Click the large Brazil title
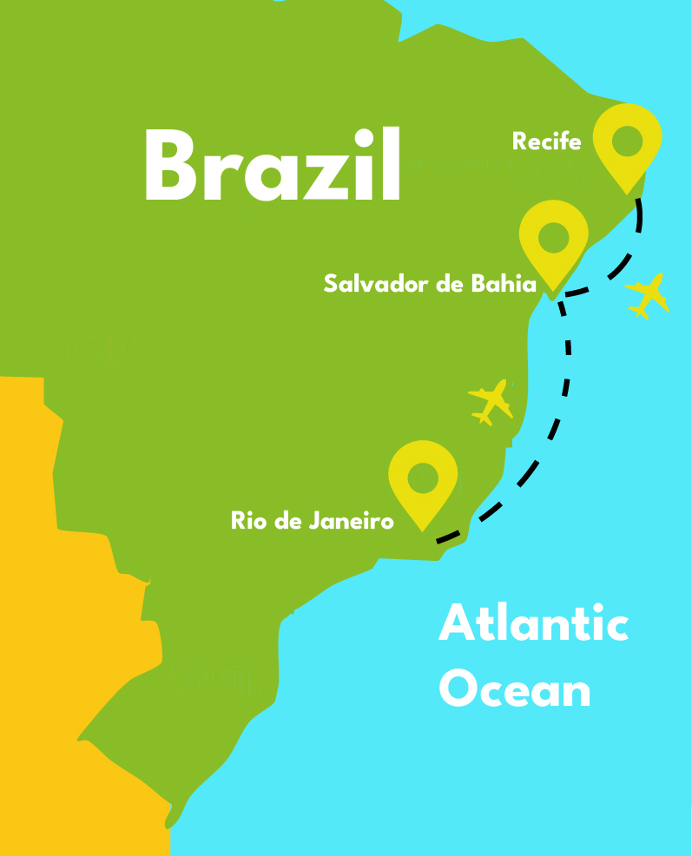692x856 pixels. point(273,165)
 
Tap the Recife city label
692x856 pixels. point(546,142)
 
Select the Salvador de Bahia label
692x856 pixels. point(431,283)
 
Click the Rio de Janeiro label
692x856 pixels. point(313,521)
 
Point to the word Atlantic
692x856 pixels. point(533,624)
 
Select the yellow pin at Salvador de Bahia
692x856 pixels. point(554,240)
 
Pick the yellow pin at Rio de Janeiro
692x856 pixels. point(423,481)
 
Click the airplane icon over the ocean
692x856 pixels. point(649,295)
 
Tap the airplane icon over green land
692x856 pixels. point(491,401)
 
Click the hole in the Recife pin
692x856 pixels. point(627,139)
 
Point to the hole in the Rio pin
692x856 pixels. point(423,476)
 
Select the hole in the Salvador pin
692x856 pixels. point(554,234)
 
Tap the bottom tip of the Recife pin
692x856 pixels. point(627,192)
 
